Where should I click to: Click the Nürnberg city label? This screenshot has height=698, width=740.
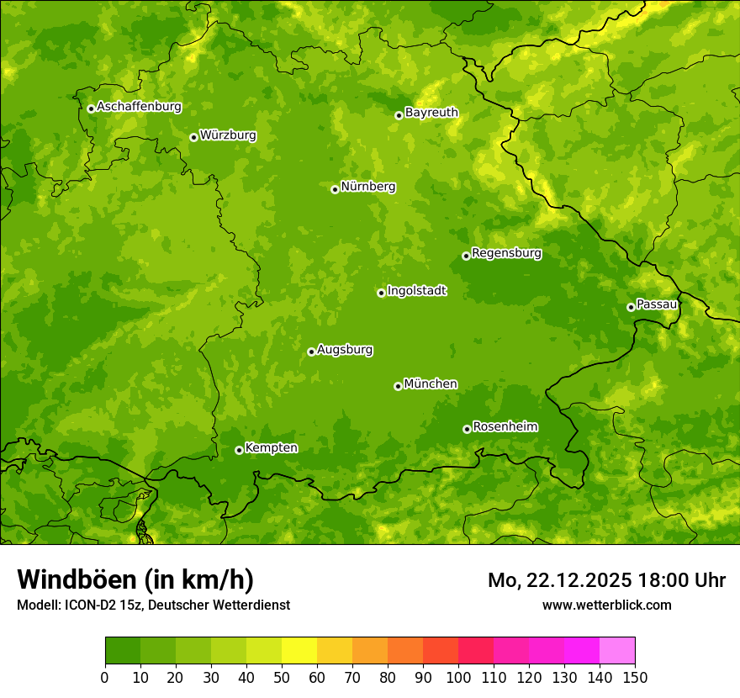(x=367, y=187)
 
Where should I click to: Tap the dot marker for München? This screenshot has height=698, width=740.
(x=398, y=386)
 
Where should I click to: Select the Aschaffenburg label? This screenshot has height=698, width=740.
(x=139, y=107)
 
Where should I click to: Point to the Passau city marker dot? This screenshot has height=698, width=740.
(x=631, y=307)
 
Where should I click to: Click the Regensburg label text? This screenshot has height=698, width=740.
(x=506, y=253)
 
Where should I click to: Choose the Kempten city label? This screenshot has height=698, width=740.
(x=271, y=448)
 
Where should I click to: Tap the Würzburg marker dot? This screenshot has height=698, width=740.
(x=193, y=137)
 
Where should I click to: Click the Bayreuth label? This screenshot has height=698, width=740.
(x=431, y=113)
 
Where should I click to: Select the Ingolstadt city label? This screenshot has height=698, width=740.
(x=416, y=291)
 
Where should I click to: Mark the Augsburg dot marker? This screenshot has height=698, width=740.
(x=311, y=352)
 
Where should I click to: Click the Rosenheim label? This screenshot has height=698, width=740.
(x=505, y=427)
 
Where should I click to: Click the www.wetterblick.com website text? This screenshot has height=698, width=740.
(x=606, y=605)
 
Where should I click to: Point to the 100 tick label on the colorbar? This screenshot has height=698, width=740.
(x=457, y=677)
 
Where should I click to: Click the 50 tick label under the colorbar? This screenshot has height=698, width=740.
(x=281, y=677)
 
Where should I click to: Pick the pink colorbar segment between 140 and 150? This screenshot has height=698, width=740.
(x=617, y=651)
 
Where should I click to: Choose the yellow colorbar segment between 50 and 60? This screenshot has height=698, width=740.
(x=299, y=651)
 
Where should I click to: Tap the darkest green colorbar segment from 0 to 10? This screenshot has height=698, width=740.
(x=122, y=651)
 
